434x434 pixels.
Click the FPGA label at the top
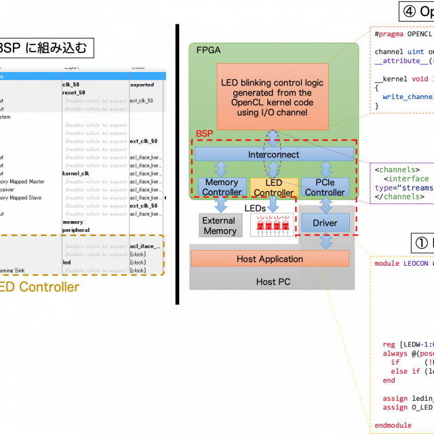point(208,51)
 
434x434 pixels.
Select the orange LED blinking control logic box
point(272,96)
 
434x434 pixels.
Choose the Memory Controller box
point(222,187)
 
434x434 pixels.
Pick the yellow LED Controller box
point(273,188)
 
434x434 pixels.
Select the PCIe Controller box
point(325,187)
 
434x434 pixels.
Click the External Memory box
point(219,226)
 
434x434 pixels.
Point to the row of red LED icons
point(272,224)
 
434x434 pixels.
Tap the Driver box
point(325,222)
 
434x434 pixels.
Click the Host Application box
point(270,259)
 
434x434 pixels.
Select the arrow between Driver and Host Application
point(326,241)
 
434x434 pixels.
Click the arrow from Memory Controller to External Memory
point(221,205)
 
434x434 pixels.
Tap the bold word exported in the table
point(142,85)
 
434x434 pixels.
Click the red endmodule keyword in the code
point(393,425)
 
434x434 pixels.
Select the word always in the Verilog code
point(395,353)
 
